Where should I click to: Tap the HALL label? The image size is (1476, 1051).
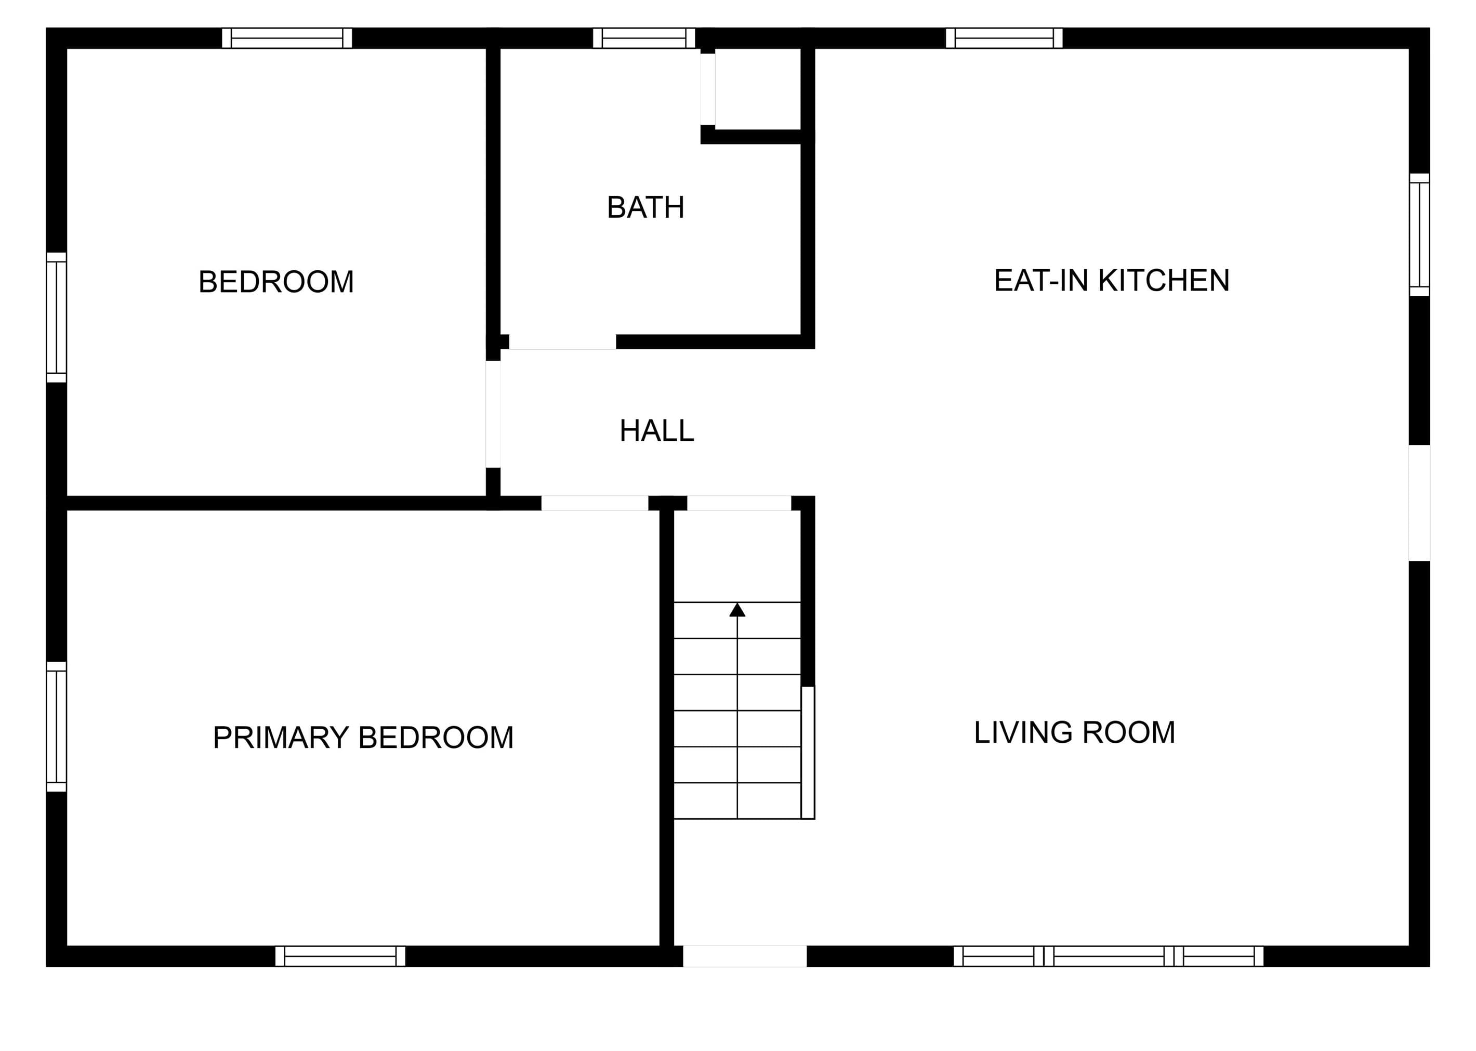(x=657, y=430)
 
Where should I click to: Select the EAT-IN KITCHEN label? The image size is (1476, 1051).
(x=1111, y=280)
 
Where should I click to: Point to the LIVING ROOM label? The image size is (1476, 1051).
(x=1074, y=732)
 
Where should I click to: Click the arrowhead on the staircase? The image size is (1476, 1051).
(x=737, y=610)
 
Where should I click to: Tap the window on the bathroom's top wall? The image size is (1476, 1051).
(x=644, y=38)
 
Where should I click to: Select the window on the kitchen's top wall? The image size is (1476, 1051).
(x=1004, y=38)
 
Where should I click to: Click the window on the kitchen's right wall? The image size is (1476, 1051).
(x=1419, y=234)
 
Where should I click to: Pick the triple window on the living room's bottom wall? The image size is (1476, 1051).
(x=1108, y=956)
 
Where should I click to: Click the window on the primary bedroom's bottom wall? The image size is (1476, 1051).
(x=340, y=956)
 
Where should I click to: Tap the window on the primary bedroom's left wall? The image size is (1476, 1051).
(x=56, y=726)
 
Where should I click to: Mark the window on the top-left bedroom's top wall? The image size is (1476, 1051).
(x=287, y=38)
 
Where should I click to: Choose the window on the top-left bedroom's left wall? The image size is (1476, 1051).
(x=56, y=317)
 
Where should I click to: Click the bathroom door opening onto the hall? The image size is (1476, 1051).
(x=562, y=341)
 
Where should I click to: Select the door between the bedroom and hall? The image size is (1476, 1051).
(x=493, y=414)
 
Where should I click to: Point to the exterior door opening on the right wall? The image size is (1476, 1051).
(x=1419, y=503)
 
